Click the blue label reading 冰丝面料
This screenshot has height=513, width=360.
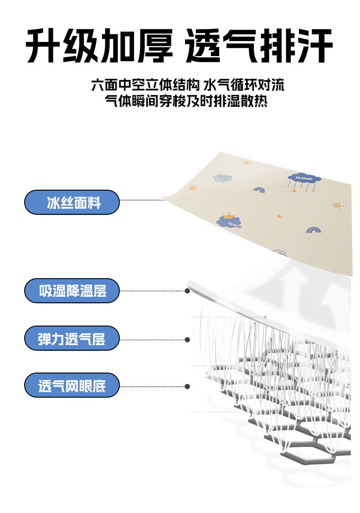pos(72,202)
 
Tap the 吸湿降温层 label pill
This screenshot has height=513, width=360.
pos(72,291)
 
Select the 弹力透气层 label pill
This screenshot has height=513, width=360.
pos(72,338)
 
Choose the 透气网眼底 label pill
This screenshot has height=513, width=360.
pos(72,386)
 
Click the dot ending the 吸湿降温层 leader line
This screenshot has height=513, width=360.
pos(187,290)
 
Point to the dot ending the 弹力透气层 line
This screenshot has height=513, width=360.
pos(187,339)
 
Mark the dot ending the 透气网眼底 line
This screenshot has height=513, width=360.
pos(187,386)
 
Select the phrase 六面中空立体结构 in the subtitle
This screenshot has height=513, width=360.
pos(145,85)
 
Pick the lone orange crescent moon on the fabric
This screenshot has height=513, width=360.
pos(279,216)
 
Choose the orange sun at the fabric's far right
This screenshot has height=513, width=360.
pos(337,205)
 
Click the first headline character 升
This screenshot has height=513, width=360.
pos(44,47)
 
